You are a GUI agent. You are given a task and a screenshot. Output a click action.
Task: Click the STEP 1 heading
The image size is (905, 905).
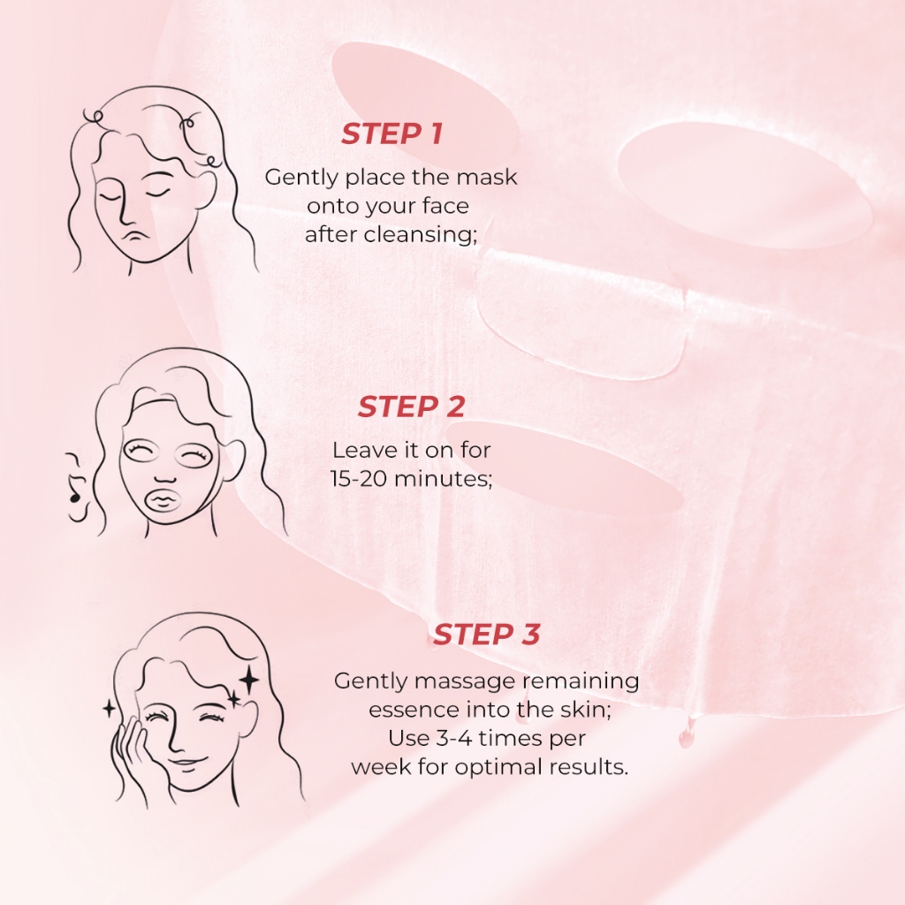(392, 133)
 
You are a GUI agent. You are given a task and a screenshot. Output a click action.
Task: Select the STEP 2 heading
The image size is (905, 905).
(411, 407)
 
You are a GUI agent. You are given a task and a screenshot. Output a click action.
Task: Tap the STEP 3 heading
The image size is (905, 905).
(487, 634)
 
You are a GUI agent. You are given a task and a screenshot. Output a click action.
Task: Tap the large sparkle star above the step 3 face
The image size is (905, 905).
(249, 681)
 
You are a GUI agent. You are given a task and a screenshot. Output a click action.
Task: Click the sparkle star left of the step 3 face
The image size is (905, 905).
(109, 709)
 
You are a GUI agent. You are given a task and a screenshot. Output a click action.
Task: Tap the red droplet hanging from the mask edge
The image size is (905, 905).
(686, 736)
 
